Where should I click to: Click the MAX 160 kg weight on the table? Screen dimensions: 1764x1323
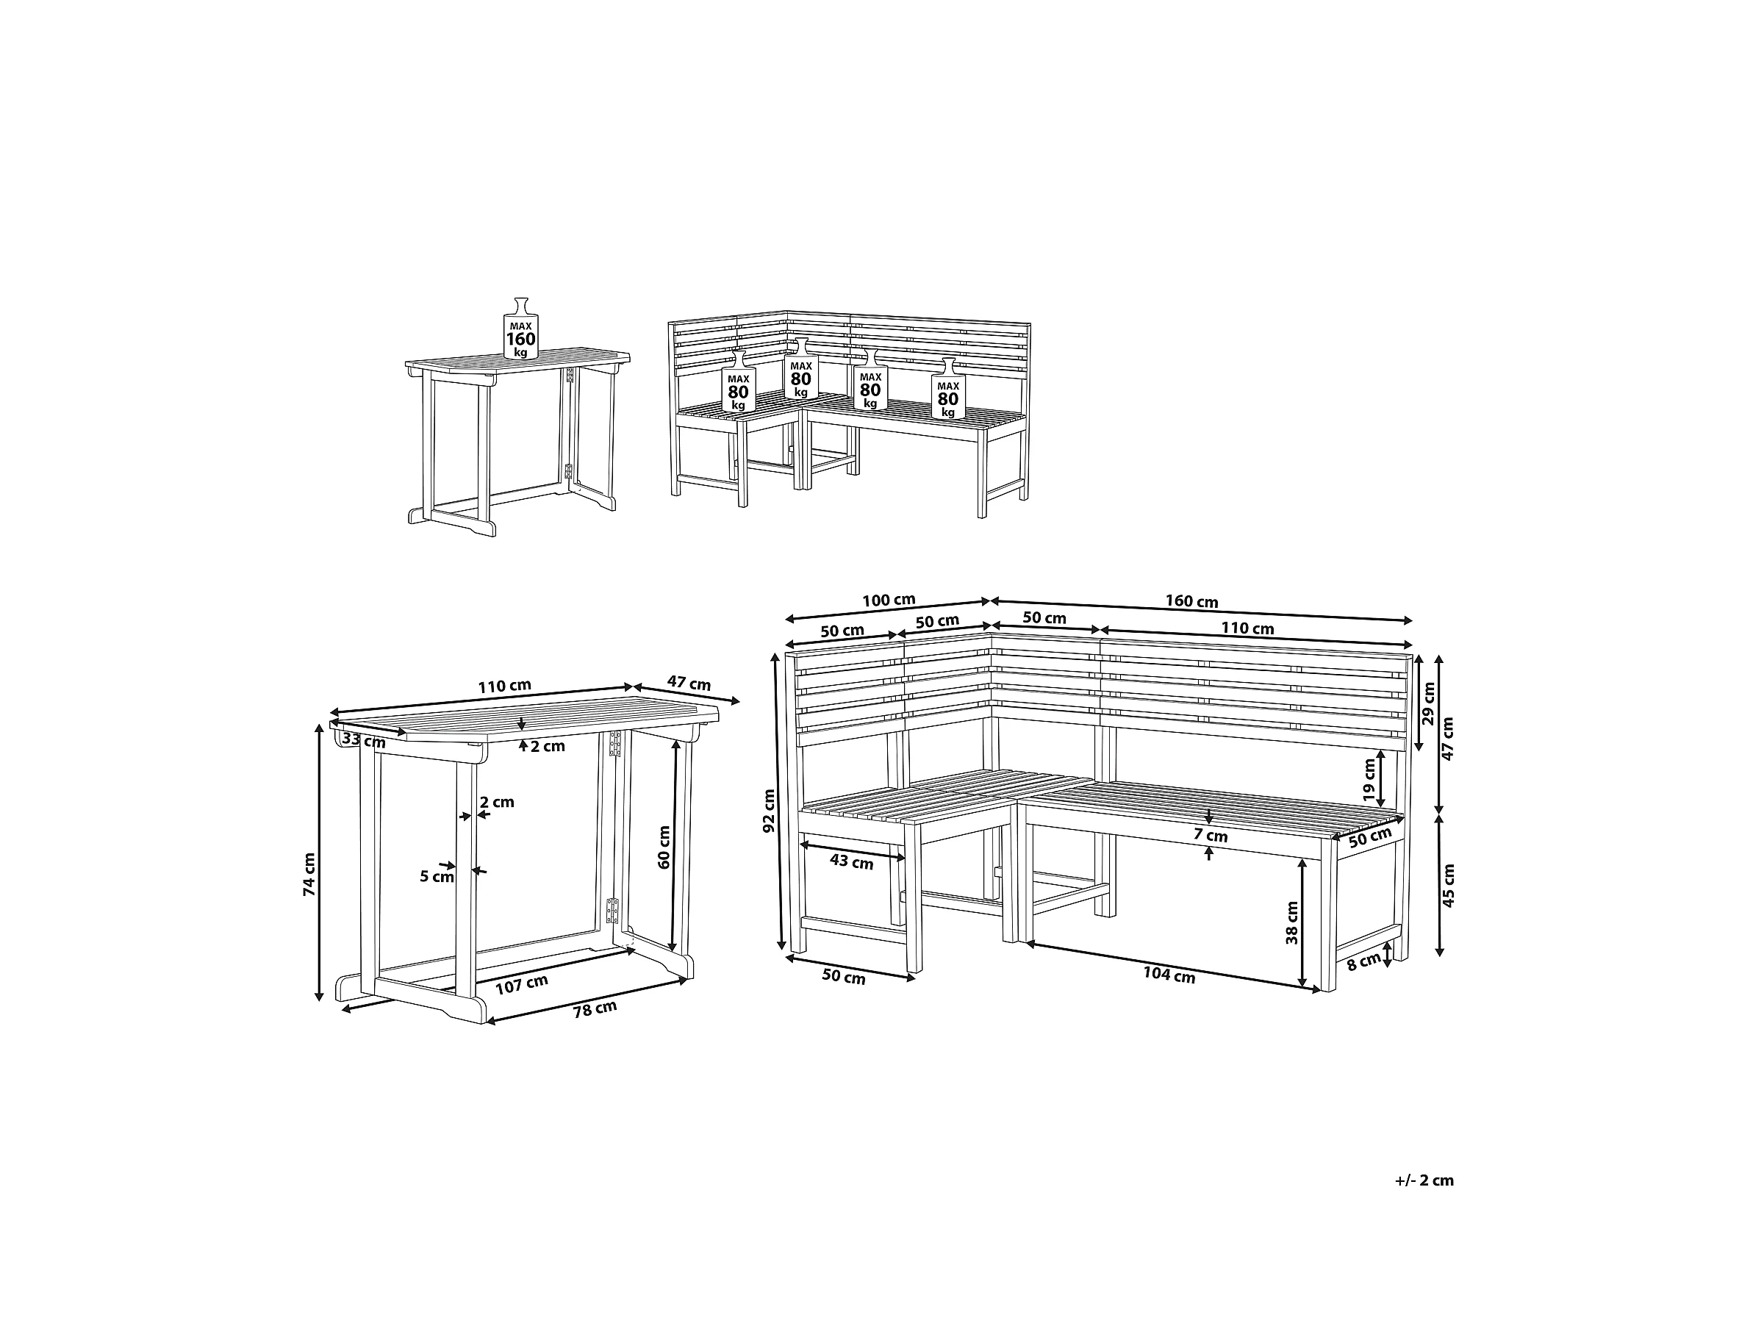[520, 329]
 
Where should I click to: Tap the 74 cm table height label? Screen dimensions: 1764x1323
[310, 874]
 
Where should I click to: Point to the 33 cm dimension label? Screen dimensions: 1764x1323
[364, 741]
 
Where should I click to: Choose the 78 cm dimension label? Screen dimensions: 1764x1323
[595, 1010]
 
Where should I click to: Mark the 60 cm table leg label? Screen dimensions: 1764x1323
[664, 847]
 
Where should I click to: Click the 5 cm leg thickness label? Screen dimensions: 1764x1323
[437, 876]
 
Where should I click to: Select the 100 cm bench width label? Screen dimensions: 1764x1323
[889, 600]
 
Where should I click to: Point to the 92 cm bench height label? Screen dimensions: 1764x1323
[769, 811]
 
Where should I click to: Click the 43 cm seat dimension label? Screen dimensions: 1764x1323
[852, 862]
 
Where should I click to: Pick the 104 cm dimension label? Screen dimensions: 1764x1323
[1169, 975]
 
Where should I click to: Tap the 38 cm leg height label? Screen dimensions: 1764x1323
[1292, 922]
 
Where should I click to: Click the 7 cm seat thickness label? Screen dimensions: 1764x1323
[1211, 836]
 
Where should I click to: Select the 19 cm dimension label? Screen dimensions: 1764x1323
[1369, 780]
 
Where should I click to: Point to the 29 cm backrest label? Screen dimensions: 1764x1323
[1428, 703]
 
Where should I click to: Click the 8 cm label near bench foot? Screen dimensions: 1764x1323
[1363, 961]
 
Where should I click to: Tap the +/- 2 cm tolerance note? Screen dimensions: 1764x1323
[1424, 1180]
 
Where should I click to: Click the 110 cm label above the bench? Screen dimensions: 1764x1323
[1247, 628]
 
